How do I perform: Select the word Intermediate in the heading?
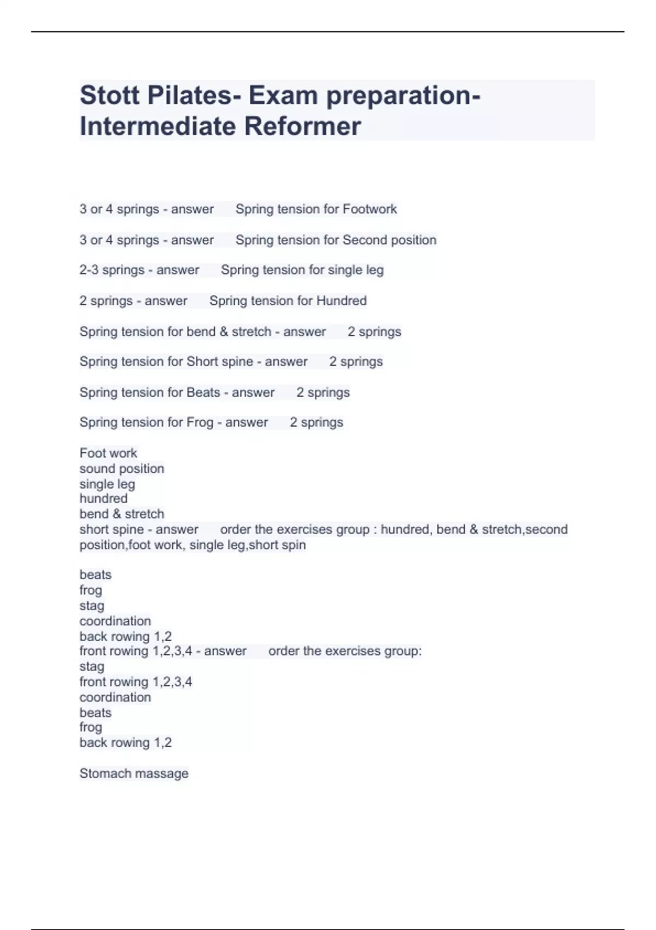[x=157, y=126]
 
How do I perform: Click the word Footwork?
[x=370, y=209]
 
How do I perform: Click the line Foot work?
[x=108, y=453]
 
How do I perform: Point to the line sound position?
[x=121, y=468]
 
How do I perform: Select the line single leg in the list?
[x=107, y=484]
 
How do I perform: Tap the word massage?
[x=163, y=774]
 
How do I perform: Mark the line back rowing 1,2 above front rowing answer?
[x=125, y=636]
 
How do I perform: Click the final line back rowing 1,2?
[x=125, y=742]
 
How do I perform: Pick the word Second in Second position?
[x=362, y=240]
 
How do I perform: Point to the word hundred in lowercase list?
[x=103, y=498]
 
